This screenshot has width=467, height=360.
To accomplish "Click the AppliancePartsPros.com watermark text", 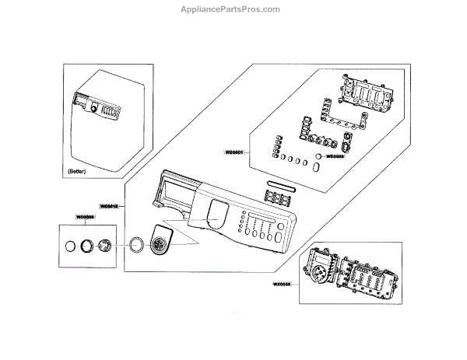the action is pos(233,9).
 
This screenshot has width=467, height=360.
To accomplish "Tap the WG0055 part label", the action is pos(335,156).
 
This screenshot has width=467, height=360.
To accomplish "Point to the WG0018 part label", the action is pos(109,206).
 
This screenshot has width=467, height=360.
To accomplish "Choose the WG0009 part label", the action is pos(86,217).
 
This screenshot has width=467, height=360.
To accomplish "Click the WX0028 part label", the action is pos(283,285).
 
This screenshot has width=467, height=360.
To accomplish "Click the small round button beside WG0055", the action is pos(318,156).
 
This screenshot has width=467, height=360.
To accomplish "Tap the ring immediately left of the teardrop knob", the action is pos(137,245).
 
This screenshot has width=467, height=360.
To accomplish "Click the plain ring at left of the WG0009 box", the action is pos(71,246).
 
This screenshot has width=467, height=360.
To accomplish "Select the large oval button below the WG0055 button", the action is pos(318,166).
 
